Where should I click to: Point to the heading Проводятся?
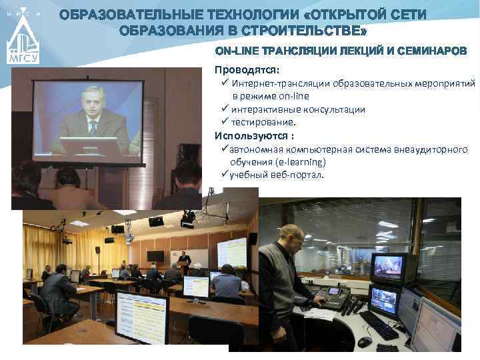click(x=237, y=69)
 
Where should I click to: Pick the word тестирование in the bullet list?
click(x=263, y=122)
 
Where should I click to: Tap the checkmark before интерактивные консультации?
click(x=225, y=109)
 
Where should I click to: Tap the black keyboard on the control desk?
click(x=379, y=325)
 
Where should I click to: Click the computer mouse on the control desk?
click(x=364, y=342)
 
